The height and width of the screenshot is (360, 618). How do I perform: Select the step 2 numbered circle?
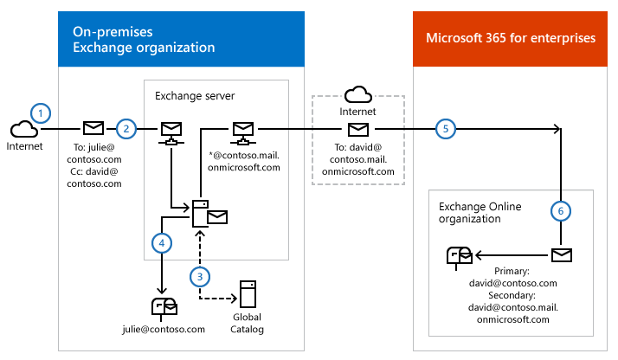click(126, 129)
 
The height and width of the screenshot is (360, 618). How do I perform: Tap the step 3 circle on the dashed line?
click(201, 276)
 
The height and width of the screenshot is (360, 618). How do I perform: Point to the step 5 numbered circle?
click(445, 129)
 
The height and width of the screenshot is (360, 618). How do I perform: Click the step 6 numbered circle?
click(561, 210)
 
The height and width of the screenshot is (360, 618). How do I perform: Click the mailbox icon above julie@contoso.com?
click(164, 307)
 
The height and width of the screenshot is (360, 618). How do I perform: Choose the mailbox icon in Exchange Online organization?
click(459, 255)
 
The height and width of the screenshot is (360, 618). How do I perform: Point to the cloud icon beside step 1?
click(23, 129)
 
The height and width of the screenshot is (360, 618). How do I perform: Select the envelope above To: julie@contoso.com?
click(93, 129)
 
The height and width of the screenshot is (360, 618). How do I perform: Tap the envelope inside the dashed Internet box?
click(357, 129)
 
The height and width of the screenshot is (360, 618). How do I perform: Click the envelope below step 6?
click(562, 255)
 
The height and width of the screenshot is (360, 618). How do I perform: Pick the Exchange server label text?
click(194, 95)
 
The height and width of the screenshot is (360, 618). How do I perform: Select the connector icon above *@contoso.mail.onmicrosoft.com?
click(242, 132)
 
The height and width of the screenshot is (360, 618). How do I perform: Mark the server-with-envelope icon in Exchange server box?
click(208, 213)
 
